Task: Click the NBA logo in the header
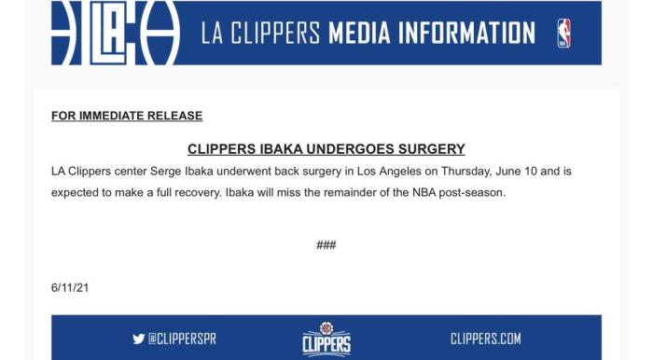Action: pyautogui.click(x=563, y=34)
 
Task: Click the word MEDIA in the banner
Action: pyautogui.click(x=359, y=34)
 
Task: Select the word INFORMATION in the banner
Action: pyautogui.click(x=466, y=34)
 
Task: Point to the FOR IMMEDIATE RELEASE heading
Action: pyautogui.click(x=127, y=116)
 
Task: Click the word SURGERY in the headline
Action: pyautogui.click(x=431, y=149)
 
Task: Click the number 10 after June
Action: pyautogui.click(x=531, y=172)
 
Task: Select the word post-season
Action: pyautogui.click(x=472, y=193)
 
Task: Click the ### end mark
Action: pyautogui.click(x=326, y=244)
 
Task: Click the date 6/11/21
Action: pyautogui.click(x=70, y=288)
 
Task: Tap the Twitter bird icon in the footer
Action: pyautogui.click(x=139, y=339)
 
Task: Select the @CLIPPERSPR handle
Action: pyautogui.click(x=183, y=339)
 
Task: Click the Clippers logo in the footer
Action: pyautogui.click(x=326, y=339)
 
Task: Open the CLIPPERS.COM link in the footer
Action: pyautogui.click(x=486, y=339)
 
